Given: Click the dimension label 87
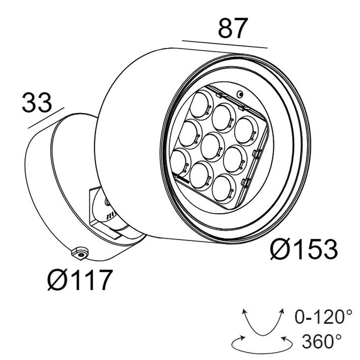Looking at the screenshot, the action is [x=233, y=28].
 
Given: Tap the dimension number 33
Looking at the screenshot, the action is [x=37, y=103].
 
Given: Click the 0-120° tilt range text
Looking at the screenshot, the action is [x=323, y=317].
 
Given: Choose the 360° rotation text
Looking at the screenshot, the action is [x=321, y=342].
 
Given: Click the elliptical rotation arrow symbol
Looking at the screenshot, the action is [x=262, y=344].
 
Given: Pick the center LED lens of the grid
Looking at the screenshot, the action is [x=213, y=147].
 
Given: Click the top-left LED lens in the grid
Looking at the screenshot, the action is [x=201, y=105].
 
